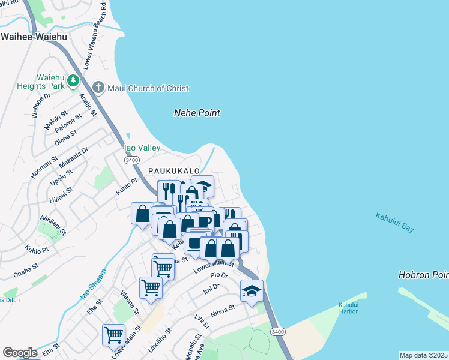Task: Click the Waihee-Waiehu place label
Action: [x=34, y=37]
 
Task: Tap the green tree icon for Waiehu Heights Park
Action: [x=73, y=80]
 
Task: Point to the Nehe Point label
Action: [x=197, y=113]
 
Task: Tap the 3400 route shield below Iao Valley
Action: [x=132, y=160]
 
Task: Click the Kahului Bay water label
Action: [x=394, y=223]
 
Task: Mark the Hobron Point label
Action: [x=423, y=275]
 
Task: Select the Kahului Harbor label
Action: [x=348, y=307]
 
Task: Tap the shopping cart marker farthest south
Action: [x=113, y=335]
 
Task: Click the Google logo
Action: [x=20, y=353]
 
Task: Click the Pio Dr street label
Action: [x=220, y=275]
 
